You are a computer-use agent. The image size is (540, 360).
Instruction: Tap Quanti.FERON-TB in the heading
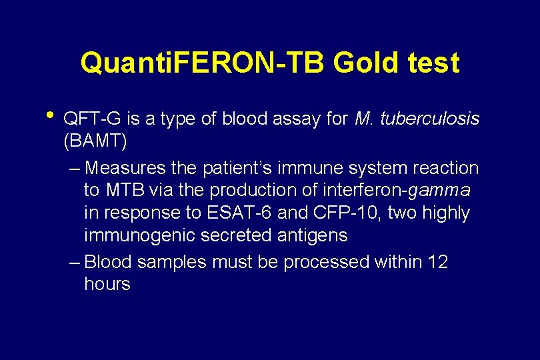click(202, 63)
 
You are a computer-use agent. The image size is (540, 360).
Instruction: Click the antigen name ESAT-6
click(245, 213)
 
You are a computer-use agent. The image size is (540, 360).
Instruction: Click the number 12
click(438, 263)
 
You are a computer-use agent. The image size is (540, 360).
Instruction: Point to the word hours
click(107, 285)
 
